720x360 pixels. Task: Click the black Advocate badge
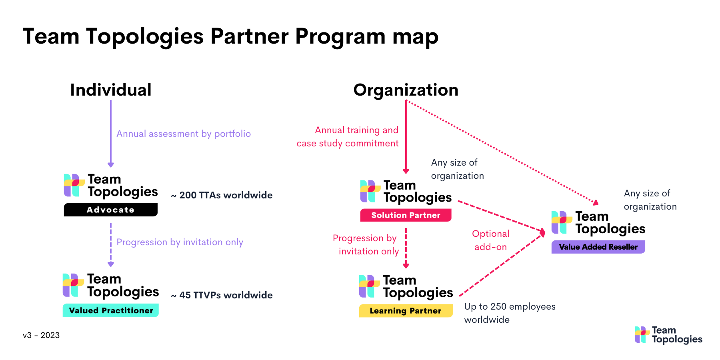pyautogui.click(x=111, y=210)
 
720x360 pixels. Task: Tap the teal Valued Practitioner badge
pyautogui.click(x=111, y=310)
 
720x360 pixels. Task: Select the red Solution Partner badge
pyautogui.click(x=406, y=215)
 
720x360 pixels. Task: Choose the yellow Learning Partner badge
pyautogui.click(x=406, y=311)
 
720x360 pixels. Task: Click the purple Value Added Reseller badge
pyautogui.click(x=598, y=247)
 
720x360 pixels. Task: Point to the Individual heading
pyautogui.click(x=111, y=90)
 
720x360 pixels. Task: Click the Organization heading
pyautogui.click(x=406, y=90)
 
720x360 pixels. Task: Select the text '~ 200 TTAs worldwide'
pyautogui.click(x=222, y=195)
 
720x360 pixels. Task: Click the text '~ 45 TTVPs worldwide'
pyautogui.click(x=222, y=295)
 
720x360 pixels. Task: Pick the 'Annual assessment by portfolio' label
pyautogui.click(x=184, y=134)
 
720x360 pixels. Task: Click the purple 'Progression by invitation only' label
pyautogui.click(x=180, y=242)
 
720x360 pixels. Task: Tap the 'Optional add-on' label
pyautogui.click(x=490, y=240)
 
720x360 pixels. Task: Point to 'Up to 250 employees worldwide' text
pyautogui.click(x=510, y=313)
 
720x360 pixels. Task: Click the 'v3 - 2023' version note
pyautogui.click(x=41, y=335)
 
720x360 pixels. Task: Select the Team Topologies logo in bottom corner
pyautogui.click(x=668, y=335)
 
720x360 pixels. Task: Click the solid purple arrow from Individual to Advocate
pyautogui.click(x=111, y=132)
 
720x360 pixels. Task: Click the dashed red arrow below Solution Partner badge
pyautogui.click(x=406, y=248)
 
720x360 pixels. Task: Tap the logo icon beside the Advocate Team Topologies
pyautogui.click(x=74, y=185)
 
